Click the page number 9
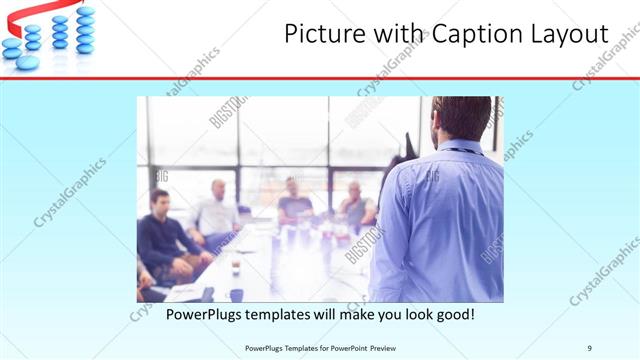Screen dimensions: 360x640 point(590,348)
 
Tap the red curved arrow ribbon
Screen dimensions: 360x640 point(30,14)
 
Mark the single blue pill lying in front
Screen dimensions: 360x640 point(27,62)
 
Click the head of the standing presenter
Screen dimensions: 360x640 point(461,118)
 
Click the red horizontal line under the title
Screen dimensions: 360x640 point(320,77)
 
